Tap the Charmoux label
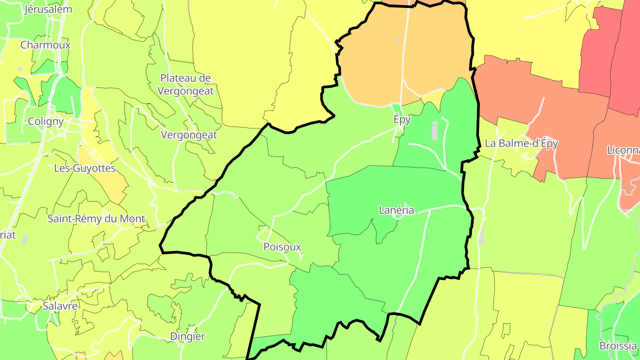click(x=45, y=45)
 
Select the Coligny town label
click(x=45, y=121)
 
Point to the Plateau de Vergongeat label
click(x=187, y=84)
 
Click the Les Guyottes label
click(x=84, y=168)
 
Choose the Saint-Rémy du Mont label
click(x=96, y=219)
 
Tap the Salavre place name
click(x=60, y=306)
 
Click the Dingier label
click(x=188, y=336)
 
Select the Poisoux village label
click(x=282, y=247)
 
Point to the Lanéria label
click(x=396, y=210)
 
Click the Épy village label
click(x=402, y=119)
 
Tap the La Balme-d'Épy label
click(x=521, y=143)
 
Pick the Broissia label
click(x=618, y=345)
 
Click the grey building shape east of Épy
click(x=435, y=131)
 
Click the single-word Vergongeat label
click(x=189, y=135)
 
